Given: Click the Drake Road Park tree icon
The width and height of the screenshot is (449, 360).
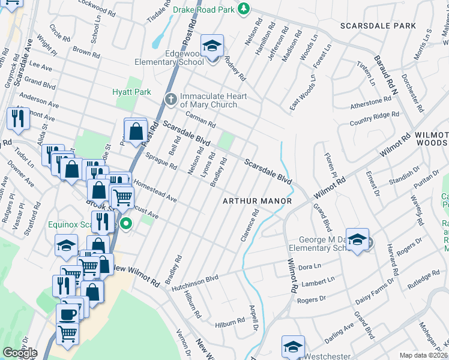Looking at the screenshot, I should (243, 8).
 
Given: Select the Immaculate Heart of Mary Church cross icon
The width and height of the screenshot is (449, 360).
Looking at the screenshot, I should (170, 99).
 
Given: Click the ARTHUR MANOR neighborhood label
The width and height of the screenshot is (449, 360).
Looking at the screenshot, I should (257, 200).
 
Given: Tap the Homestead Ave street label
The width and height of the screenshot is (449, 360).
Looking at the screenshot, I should (154, 190).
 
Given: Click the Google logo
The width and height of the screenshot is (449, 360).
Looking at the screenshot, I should (20, 353).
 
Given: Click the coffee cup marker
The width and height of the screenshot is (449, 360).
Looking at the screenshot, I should (67, 314).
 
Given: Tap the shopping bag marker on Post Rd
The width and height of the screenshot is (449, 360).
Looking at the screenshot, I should (136, 131).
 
